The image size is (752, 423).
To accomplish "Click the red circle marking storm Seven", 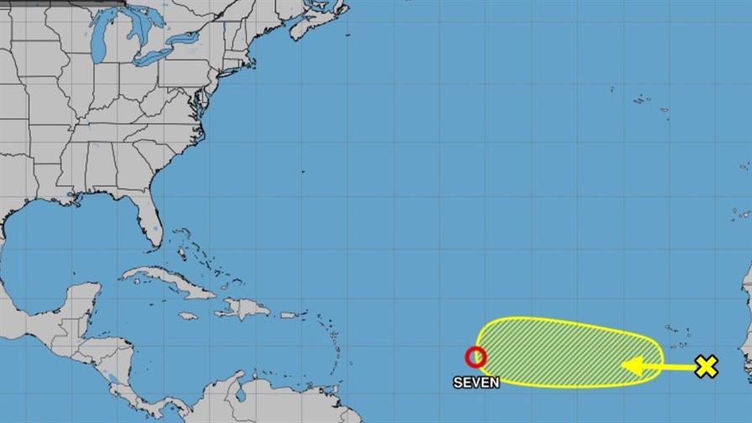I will point(476,358).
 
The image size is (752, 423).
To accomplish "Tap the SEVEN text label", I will point(476,383).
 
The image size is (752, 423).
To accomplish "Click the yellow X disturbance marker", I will point(707,366).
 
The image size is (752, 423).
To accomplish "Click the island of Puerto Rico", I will point(289,315).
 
